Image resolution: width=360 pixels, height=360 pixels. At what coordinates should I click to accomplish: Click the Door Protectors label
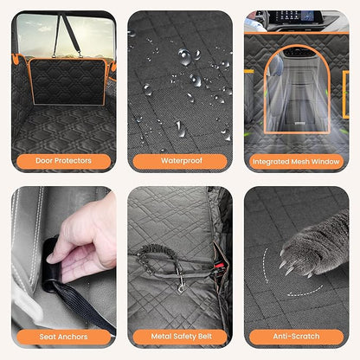(63, 161)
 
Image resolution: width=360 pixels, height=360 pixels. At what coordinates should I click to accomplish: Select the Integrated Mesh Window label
(295, 161)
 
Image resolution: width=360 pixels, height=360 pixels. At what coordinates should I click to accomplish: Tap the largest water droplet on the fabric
(184, 57)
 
